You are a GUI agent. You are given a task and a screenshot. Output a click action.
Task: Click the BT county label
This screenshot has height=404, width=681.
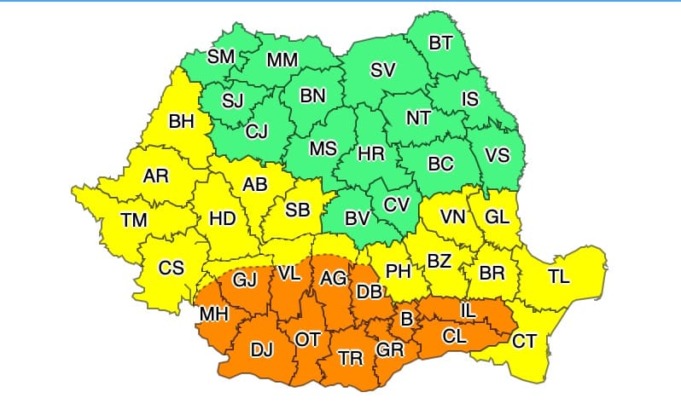point(440,43)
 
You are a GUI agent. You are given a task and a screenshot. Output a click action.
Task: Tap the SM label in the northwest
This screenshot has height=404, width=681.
point(222,57)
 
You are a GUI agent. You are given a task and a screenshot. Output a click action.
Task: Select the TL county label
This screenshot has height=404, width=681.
point(559,276)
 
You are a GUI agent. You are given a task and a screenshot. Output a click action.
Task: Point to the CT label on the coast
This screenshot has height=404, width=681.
point(524,341)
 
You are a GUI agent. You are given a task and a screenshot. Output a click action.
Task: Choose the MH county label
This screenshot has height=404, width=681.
point(212,315)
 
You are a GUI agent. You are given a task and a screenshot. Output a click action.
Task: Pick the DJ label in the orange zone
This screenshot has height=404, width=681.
point(262,348)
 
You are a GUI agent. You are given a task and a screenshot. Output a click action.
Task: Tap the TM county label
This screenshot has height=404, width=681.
point(134,220)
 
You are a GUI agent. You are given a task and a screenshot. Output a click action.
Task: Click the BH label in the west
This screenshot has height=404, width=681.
point(182,122)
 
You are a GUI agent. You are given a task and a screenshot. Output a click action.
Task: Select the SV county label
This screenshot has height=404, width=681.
point(382,72)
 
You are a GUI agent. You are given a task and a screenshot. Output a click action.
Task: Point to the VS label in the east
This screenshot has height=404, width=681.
point(497,155)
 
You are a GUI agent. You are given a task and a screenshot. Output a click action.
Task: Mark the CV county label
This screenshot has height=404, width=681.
point(397,205)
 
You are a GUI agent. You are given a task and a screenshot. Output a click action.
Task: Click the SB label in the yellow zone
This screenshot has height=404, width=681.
point(298,210)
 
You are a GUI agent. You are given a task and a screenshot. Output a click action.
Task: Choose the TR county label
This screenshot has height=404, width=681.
point(351,358)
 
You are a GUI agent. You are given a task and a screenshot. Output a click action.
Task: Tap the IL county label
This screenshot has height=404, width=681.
point(468,311)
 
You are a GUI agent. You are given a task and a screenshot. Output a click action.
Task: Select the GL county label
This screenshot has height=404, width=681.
point(497,216)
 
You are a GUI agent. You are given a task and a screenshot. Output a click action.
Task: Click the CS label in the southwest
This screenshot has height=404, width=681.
point(172,268)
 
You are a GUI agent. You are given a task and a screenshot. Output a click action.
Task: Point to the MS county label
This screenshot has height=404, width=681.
point(323,148)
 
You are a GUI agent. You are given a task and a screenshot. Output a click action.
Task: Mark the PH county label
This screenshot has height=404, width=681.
point(399,272)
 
